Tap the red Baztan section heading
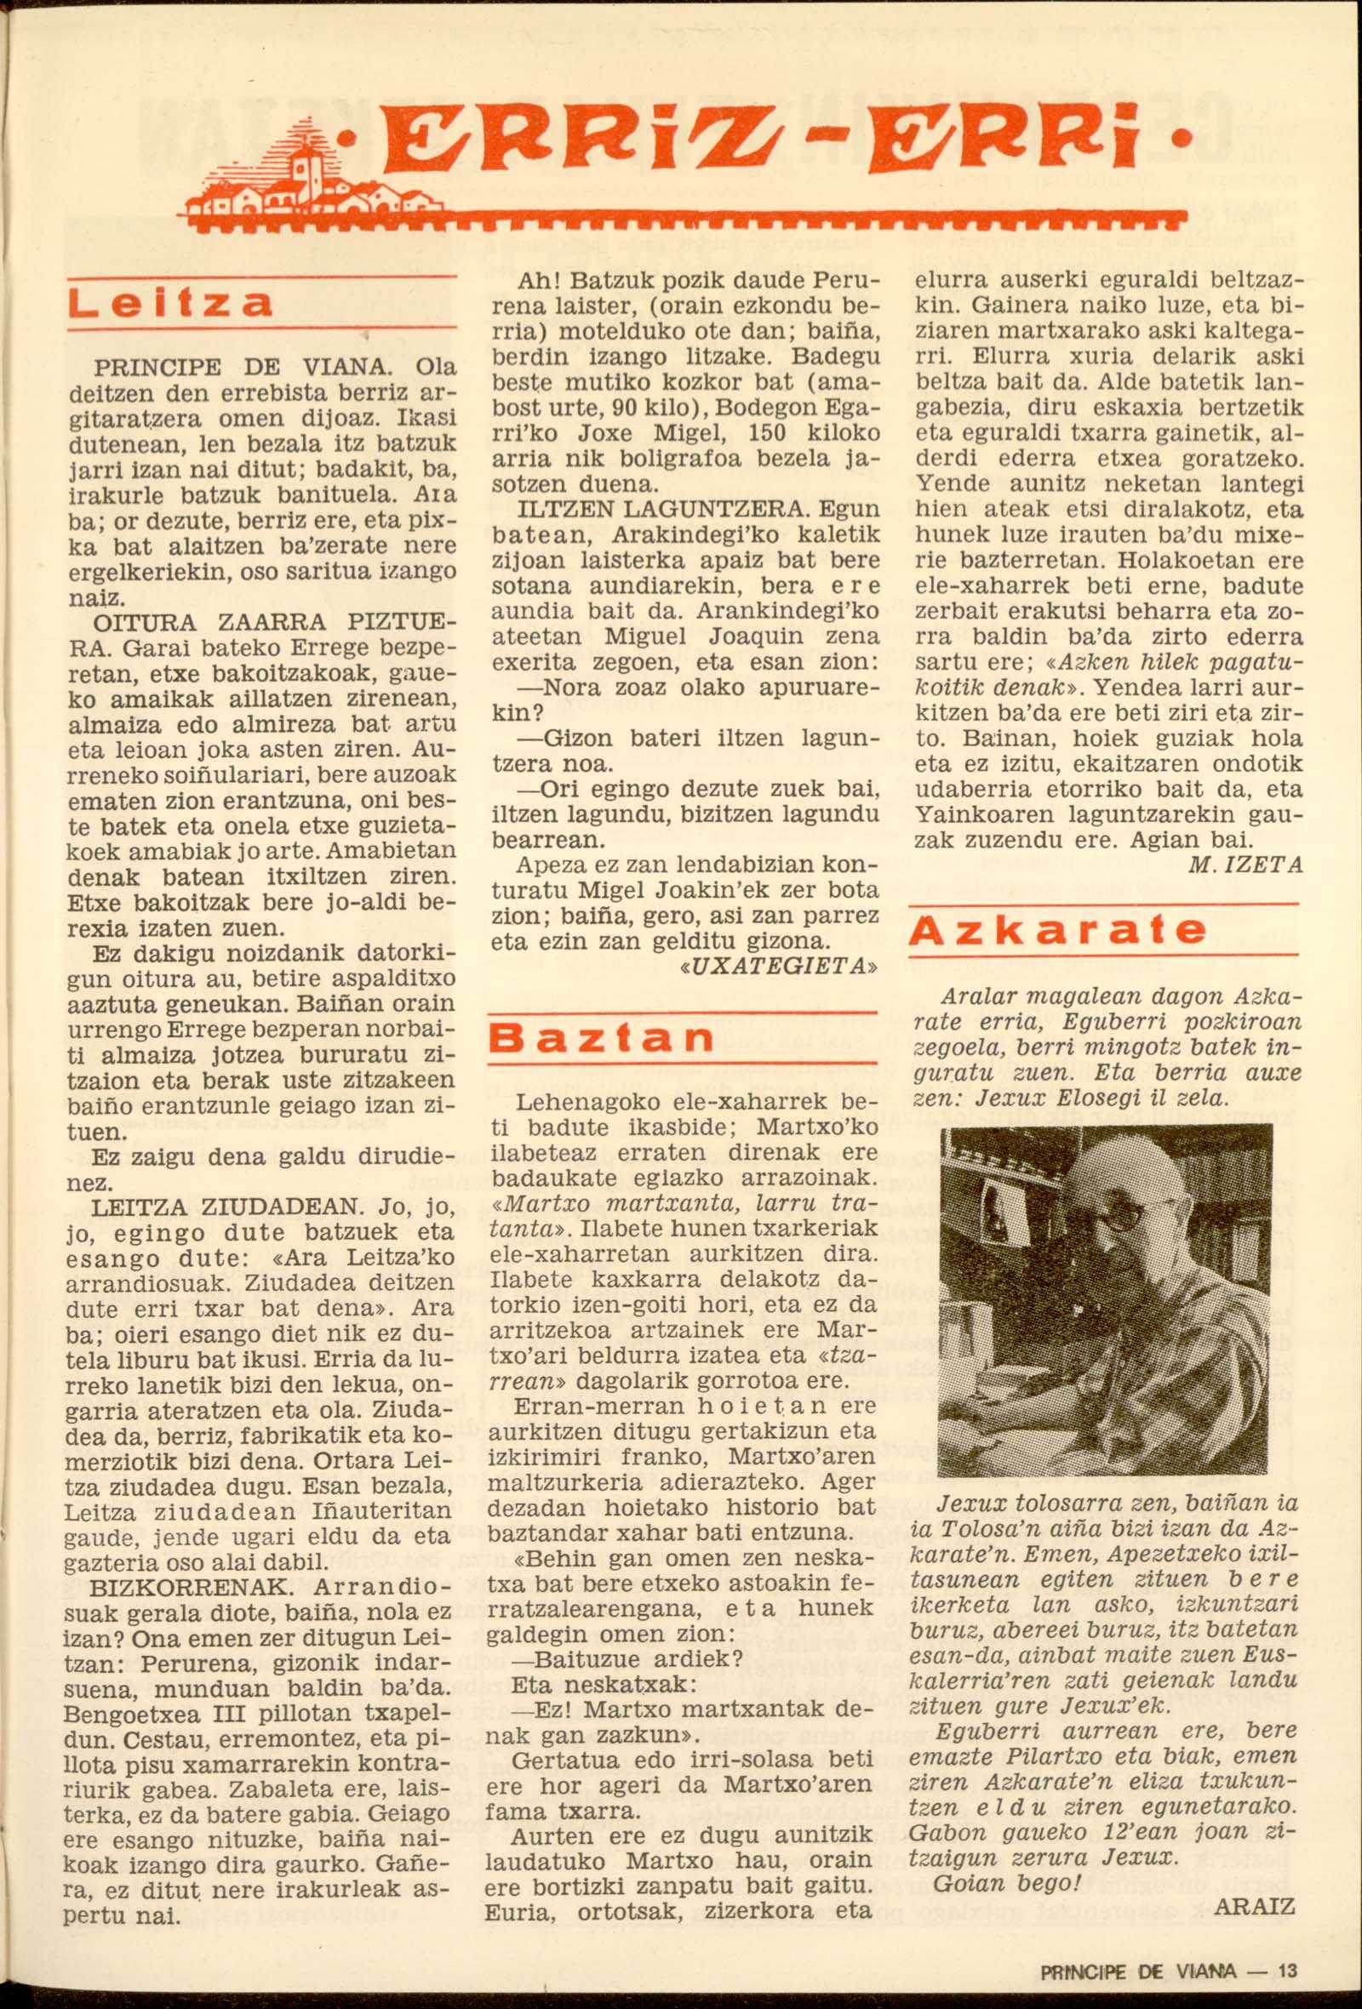pyautogui.click(x=602, y=1038)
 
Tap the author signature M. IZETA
pyautogui.click(x=1246, y=865)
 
